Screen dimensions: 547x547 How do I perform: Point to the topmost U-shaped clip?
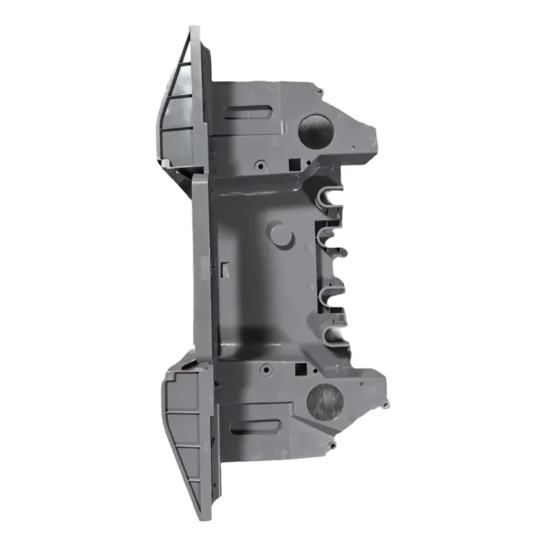331,197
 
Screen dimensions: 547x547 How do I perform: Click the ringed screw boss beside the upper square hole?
262,164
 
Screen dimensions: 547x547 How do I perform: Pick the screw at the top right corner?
318,89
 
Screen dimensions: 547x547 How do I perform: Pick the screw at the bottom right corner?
331,445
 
